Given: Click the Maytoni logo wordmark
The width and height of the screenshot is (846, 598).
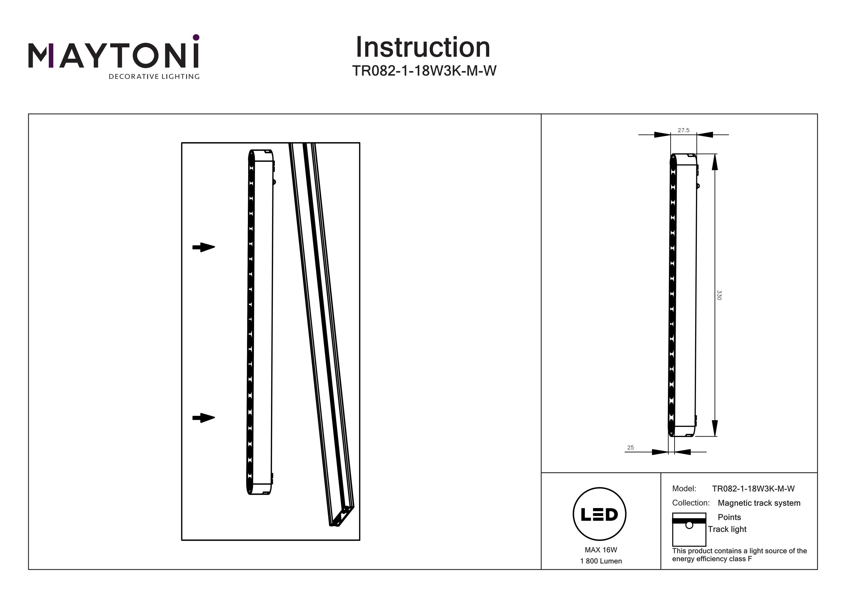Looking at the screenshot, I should tap(113, 56).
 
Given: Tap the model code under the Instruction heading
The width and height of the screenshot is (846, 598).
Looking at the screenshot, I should tap(424, 71).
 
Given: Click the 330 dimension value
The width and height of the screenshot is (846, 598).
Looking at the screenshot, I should tap(719, 295).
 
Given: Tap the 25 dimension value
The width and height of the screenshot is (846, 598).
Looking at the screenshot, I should tap(631, 448).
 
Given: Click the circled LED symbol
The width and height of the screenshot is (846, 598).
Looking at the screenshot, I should tap(600, 514).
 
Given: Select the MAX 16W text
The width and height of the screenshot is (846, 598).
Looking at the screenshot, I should tap(601, 550).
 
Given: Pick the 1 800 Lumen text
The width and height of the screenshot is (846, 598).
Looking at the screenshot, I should tap(601, 561).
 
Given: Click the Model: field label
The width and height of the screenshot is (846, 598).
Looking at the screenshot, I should tap(684, 489).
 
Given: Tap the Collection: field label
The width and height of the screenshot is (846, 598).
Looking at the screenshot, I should tap(691, 503).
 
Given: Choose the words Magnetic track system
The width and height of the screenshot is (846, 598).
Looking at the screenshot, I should tap(759, 503).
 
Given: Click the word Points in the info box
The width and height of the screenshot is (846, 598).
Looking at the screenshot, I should tap(729, 517).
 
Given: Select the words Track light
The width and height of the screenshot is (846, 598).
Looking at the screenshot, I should tap(727, 529).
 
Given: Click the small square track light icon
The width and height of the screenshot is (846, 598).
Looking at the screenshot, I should tap(689, 529).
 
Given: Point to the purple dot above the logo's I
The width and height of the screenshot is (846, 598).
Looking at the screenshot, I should tap(196, 37).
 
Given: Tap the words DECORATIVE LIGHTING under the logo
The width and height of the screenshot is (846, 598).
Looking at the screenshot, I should tap(154, 77).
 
